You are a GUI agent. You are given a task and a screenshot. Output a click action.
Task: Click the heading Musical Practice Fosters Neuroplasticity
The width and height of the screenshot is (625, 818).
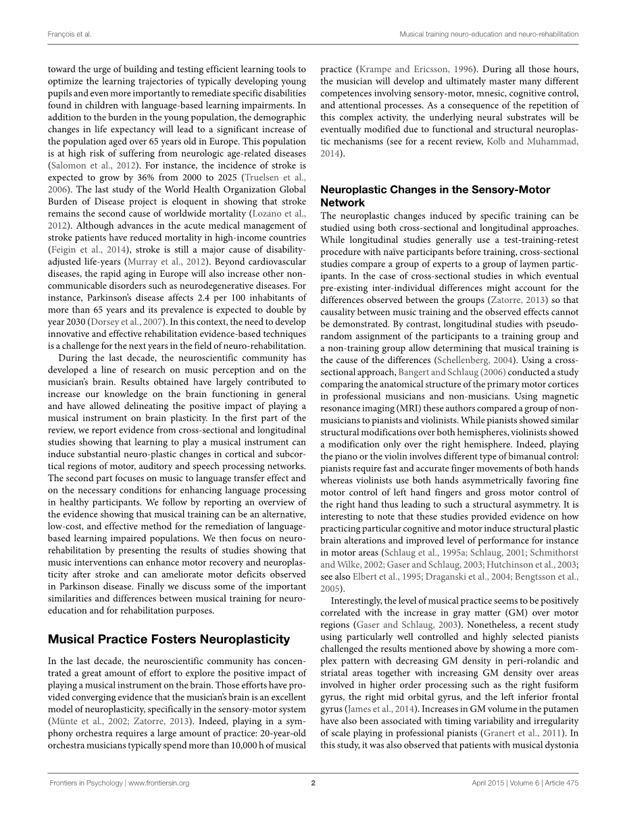[169, 639]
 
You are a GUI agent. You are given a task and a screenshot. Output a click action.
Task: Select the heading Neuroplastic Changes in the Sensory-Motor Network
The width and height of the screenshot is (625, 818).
[435, 196]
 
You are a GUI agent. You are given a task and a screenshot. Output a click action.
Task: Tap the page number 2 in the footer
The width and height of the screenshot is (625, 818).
[314, 784]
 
